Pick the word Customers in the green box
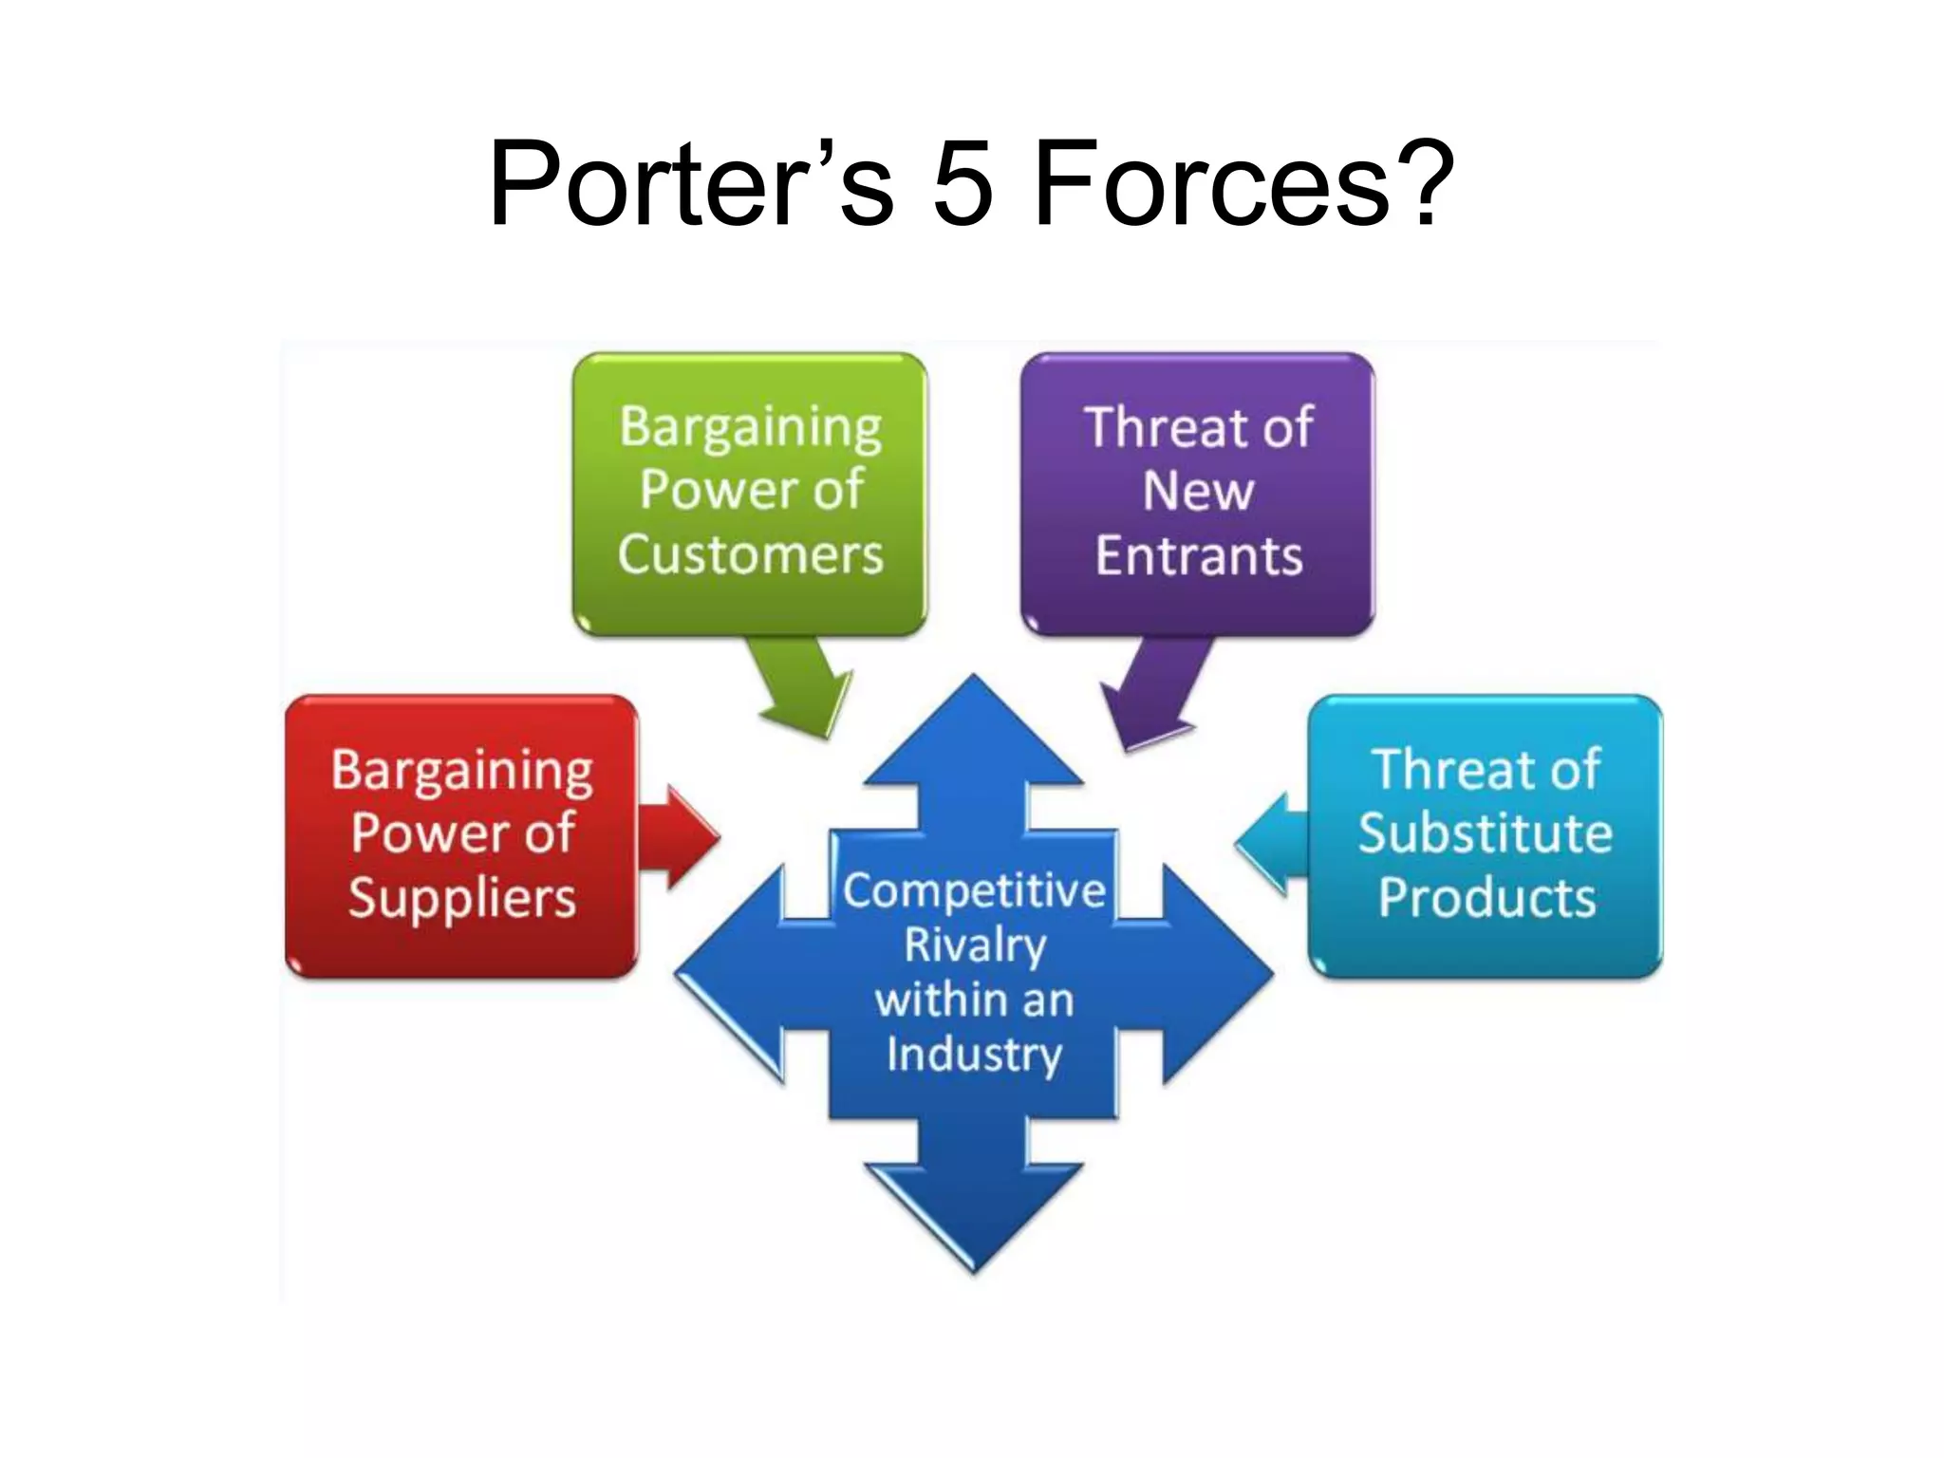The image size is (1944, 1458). tap(750, 554)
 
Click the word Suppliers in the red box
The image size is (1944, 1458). tap(462, 898)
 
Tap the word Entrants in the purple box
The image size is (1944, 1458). tap(1198, 555)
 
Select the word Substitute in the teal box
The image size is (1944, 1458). tap(1485, 833)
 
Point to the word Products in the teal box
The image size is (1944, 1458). tap(1486, 898)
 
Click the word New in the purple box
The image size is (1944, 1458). tap(1198, 491)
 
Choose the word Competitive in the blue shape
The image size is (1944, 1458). tap(974, 890)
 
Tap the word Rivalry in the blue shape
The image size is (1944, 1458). tap(974, 945)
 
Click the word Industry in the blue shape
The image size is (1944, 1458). tap(974, 1054)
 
